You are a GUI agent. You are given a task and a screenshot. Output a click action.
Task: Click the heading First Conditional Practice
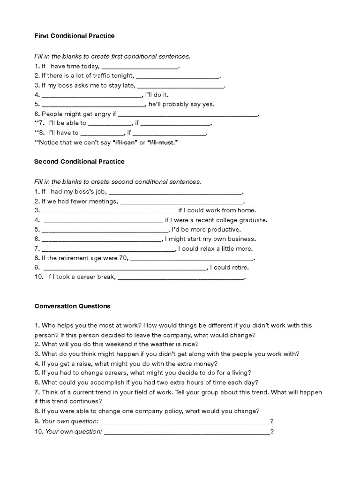tap(75, 36)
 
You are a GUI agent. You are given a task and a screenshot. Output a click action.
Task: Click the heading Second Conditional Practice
tap(80, 162)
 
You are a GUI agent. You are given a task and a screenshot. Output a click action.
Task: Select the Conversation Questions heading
tap(73, 306)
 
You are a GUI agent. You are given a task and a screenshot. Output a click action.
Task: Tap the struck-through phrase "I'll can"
tap(125, 142)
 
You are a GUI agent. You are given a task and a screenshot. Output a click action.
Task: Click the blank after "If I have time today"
tap(140, 67)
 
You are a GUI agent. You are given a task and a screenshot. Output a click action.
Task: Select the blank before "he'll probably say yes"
tap(94, 105)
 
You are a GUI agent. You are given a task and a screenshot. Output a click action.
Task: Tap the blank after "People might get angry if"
tap(187, 114)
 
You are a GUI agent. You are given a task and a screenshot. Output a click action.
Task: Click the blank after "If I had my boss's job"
tap(176, 192)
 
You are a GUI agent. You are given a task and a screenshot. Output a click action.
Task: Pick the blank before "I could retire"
tap(125, 268)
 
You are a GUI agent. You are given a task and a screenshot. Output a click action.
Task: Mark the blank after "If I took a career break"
tap(180, 277)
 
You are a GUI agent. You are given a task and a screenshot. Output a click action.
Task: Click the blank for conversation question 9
tap(185, 421)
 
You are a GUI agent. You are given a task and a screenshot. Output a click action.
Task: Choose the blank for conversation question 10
tap(187, 431)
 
